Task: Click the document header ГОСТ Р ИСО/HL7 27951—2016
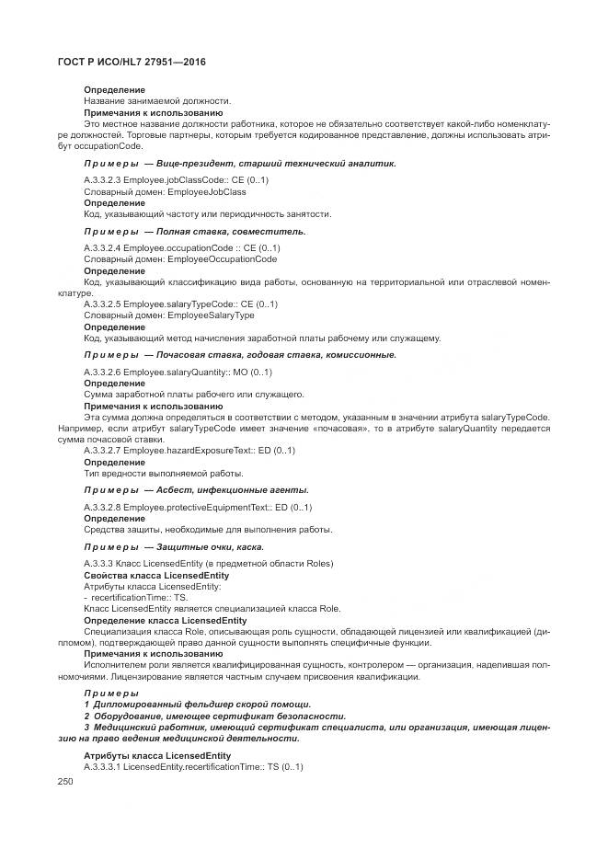click(132, 62)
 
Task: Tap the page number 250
click(64, 781)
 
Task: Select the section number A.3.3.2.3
click(102, 180)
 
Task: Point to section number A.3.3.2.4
click(102, 248)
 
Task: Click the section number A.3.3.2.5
click(102, 304)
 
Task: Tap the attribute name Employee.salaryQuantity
click(178, 372)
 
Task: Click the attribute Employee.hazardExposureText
click(187, 451)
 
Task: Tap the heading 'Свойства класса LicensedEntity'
click(156, 575)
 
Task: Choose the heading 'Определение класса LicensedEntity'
click(165, 620)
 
